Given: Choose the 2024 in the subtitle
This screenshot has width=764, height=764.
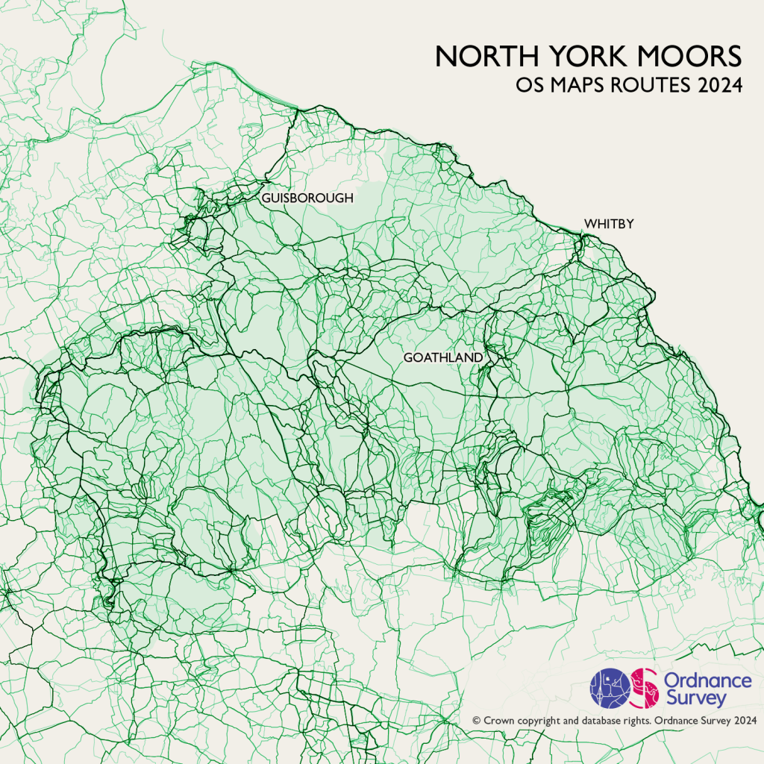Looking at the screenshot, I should (721, 86).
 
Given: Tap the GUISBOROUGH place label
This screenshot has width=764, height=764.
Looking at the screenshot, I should (307, 198).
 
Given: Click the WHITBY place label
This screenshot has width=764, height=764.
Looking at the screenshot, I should (609, 223).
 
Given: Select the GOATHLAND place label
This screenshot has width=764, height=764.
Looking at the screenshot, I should (443, 358).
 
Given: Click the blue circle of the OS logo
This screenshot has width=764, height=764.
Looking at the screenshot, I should (610, 687).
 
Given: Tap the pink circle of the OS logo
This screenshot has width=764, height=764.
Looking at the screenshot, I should (644, 687).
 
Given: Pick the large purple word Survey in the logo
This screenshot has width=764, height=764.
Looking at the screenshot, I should (684, 699).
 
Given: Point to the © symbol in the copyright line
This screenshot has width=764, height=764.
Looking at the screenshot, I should (476, 721).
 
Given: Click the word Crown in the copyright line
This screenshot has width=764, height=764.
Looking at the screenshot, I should (498, 721).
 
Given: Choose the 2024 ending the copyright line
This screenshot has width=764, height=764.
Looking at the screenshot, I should (746, 721).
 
